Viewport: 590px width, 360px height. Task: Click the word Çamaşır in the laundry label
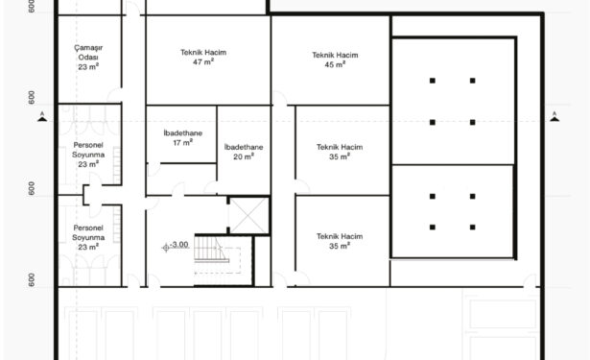coord(88,48)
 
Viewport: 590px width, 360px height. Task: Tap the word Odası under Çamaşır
coord(88,58)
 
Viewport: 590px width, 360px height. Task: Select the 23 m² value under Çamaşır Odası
coord(88,66)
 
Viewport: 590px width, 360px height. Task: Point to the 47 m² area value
coord(203,61)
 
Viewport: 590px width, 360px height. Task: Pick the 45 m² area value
coord(335,64)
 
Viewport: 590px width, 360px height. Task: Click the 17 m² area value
coord(183,143)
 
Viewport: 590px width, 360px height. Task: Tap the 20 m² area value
coord(244,156)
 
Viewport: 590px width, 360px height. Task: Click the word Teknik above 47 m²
coord(192,53)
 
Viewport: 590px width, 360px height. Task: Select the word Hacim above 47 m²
coord(216,53)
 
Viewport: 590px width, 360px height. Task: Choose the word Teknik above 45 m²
coord(323,55)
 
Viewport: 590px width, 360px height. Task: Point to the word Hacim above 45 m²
coord(347,55)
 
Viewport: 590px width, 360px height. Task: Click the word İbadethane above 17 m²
coord(183,132)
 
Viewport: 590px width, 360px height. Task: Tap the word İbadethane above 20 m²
coord(244,147)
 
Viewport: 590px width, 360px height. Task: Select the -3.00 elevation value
coord(179,245)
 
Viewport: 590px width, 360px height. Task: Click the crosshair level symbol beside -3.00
coord(166,248)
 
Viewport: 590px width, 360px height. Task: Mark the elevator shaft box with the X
coord(248,215)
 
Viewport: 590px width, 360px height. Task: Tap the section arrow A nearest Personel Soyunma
coord(42,117)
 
